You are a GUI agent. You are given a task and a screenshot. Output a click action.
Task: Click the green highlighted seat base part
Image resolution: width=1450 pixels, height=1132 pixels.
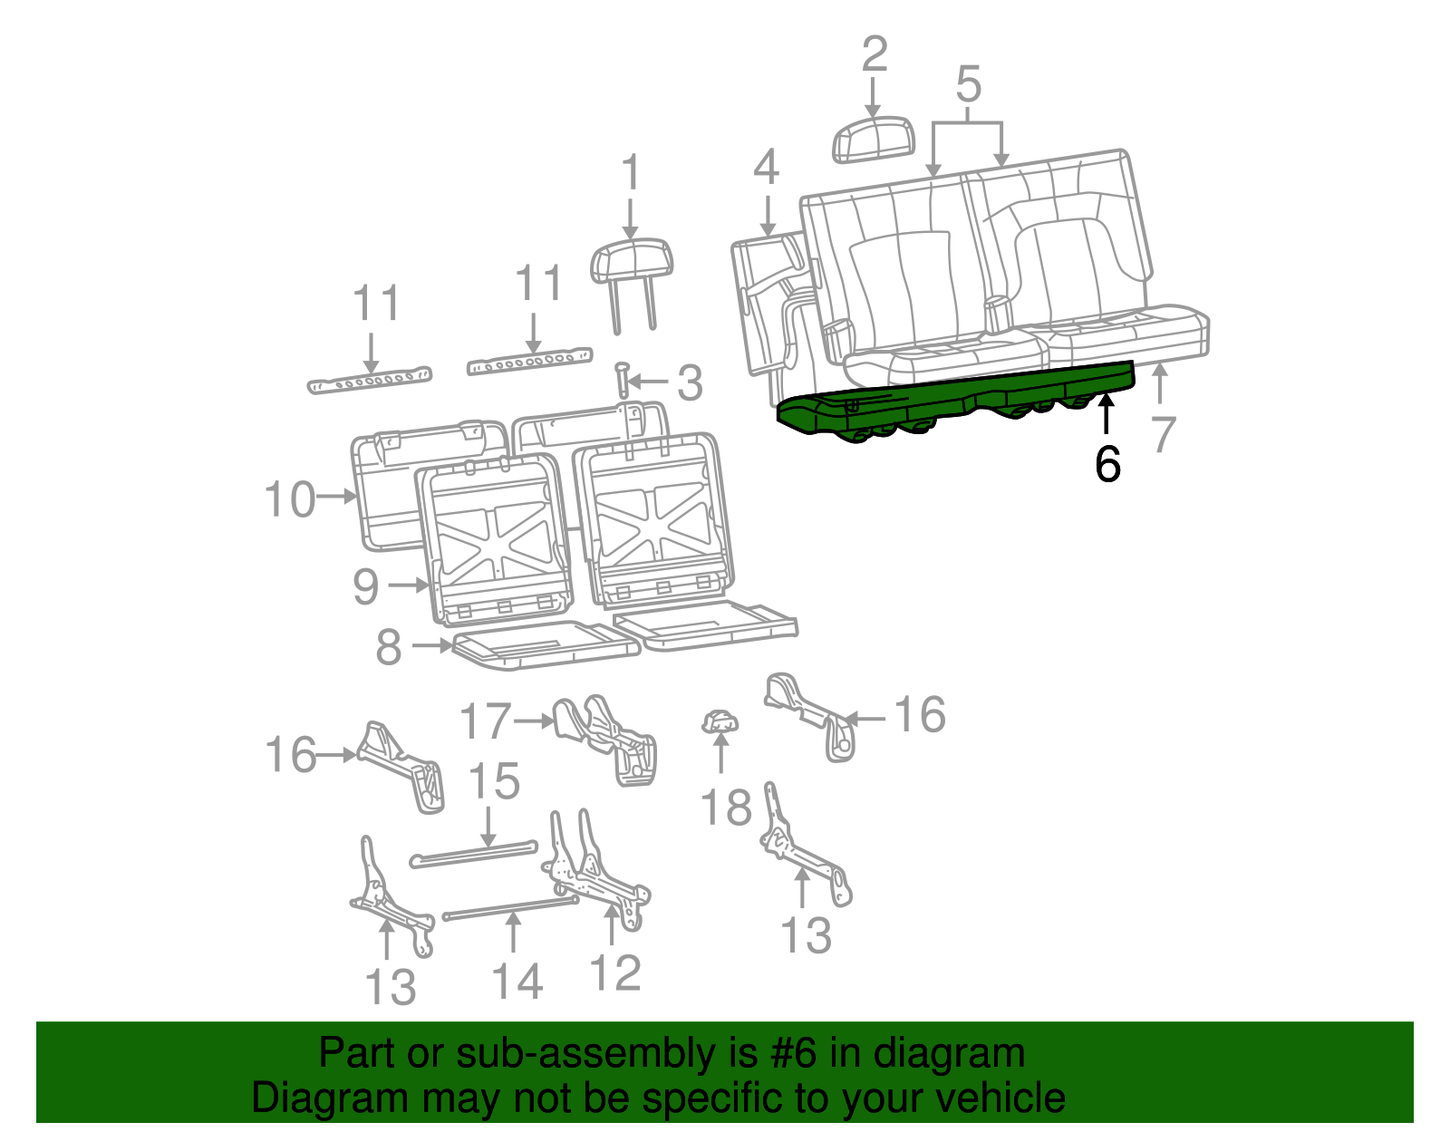point(954,402)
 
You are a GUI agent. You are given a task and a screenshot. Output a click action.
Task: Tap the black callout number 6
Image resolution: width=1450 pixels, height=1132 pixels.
point(1107,464)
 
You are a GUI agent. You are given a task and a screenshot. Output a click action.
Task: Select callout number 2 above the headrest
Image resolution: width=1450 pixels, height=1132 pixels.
point(875,53)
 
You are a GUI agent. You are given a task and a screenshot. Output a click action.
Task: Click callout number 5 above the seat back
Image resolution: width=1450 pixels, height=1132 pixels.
point(968,84)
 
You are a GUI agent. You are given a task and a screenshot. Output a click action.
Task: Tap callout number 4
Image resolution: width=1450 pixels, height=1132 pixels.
point(766,167)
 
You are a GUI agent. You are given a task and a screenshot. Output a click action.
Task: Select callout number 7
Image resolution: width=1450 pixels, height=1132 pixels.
point(1163,435)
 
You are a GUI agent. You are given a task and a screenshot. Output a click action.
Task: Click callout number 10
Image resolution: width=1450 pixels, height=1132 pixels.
point(290,499)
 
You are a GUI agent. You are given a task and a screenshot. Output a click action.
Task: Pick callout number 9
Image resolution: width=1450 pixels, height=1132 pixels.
point(365,586)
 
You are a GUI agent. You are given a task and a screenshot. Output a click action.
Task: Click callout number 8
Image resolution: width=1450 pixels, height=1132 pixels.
point(389,646)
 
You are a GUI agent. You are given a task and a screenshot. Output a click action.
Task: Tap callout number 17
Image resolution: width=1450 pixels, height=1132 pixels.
point(485,721)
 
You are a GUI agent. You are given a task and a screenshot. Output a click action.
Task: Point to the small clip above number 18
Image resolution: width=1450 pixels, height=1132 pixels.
point(720,721)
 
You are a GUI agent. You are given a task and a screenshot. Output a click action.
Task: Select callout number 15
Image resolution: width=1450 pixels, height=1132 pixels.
point(494,780)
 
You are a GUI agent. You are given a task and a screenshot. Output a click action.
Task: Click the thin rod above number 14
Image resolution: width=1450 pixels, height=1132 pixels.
point(510,908)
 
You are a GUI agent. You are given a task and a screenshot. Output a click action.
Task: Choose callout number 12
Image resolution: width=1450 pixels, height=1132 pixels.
point(615,972)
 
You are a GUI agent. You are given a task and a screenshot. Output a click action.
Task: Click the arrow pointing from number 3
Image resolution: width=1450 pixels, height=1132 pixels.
point(647,382)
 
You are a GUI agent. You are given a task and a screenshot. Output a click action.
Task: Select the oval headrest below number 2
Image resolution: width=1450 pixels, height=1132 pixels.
point(874,139)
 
